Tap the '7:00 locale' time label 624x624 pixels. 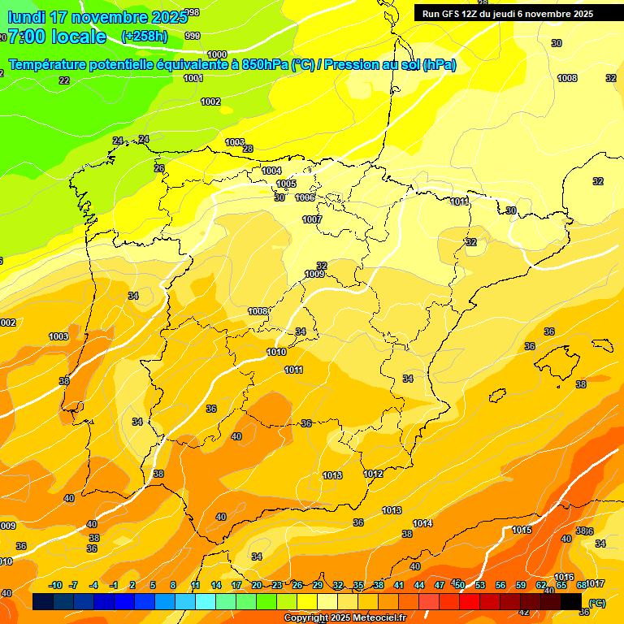[x=57, y=37]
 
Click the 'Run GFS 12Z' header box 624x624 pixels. [x=508, y=14]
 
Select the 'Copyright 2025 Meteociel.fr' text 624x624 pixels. [x=344, y=617]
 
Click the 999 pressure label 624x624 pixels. [x=193, y=36]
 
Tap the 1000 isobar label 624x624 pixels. [x=217, y=54]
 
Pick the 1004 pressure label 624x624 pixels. [x=271, y=171]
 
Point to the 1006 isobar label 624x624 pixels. [x=305, y=197]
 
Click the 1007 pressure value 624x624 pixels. [x=312, y=219]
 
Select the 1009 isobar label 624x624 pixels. [x=315, y=275]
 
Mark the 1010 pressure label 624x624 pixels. [x=276, y=352]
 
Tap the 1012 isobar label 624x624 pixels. [x=373, y=474]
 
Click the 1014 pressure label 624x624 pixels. [x=422, y=523]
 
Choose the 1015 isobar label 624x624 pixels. [x=522, y=530]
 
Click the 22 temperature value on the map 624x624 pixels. [x=64, y=80]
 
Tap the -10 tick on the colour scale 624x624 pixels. [x=55, y=585]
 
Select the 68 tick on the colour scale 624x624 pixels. [x=582, y=585]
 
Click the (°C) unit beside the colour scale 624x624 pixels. [x=597, y=603]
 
